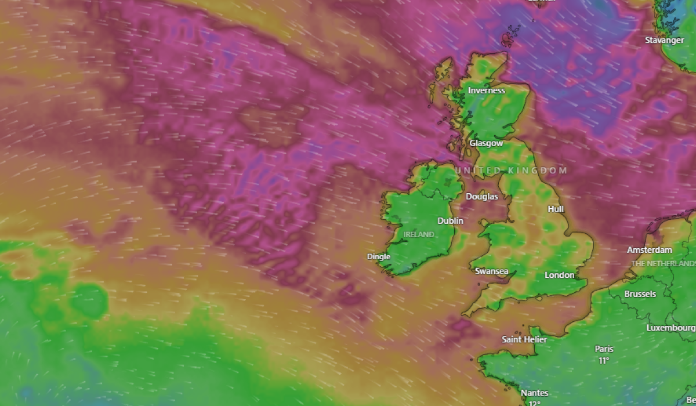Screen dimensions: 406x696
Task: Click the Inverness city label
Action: [x=487, y=90]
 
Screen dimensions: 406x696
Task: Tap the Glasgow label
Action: [x=486, y=143]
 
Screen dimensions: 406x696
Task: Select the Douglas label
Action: [x=482, y=197]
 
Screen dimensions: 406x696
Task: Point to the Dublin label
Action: [x=451, y=220]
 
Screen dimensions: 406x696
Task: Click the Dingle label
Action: [x=379, y=256]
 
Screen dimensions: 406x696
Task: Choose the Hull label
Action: [x=556, y=209]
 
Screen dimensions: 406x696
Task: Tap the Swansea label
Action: [x=491, y=271]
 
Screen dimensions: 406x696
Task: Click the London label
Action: [x=560, y=275]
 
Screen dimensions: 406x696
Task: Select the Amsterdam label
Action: [x=650, y=250]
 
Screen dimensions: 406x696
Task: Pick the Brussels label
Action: [x=640, y=294]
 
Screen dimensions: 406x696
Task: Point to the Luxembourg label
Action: [x=671, y=328]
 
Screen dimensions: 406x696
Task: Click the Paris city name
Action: [x=604, y=349]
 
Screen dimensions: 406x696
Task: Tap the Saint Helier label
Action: [x=524, y=339]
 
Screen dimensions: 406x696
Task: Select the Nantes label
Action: [x=534, y=393]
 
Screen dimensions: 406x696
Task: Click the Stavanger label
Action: [x=665, y=40]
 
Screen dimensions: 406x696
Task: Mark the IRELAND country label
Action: [x=419, y=234]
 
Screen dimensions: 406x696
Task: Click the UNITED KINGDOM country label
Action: [x=511, y=170]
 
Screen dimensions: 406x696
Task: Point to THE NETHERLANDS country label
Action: [x=663, y=263]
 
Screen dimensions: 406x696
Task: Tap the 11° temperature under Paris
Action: [x=604, y=360]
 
